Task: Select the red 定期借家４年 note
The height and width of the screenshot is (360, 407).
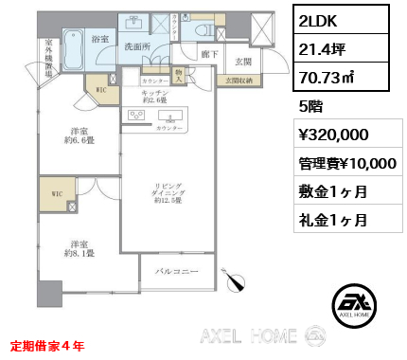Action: click(46, 346)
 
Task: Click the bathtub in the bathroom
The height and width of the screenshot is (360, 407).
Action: click(74, 47)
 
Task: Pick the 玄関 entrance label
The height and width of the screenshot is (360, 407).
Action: click(242, 63)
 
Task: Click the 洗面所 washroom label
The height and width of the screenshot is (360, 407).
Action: click(139, 46)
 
